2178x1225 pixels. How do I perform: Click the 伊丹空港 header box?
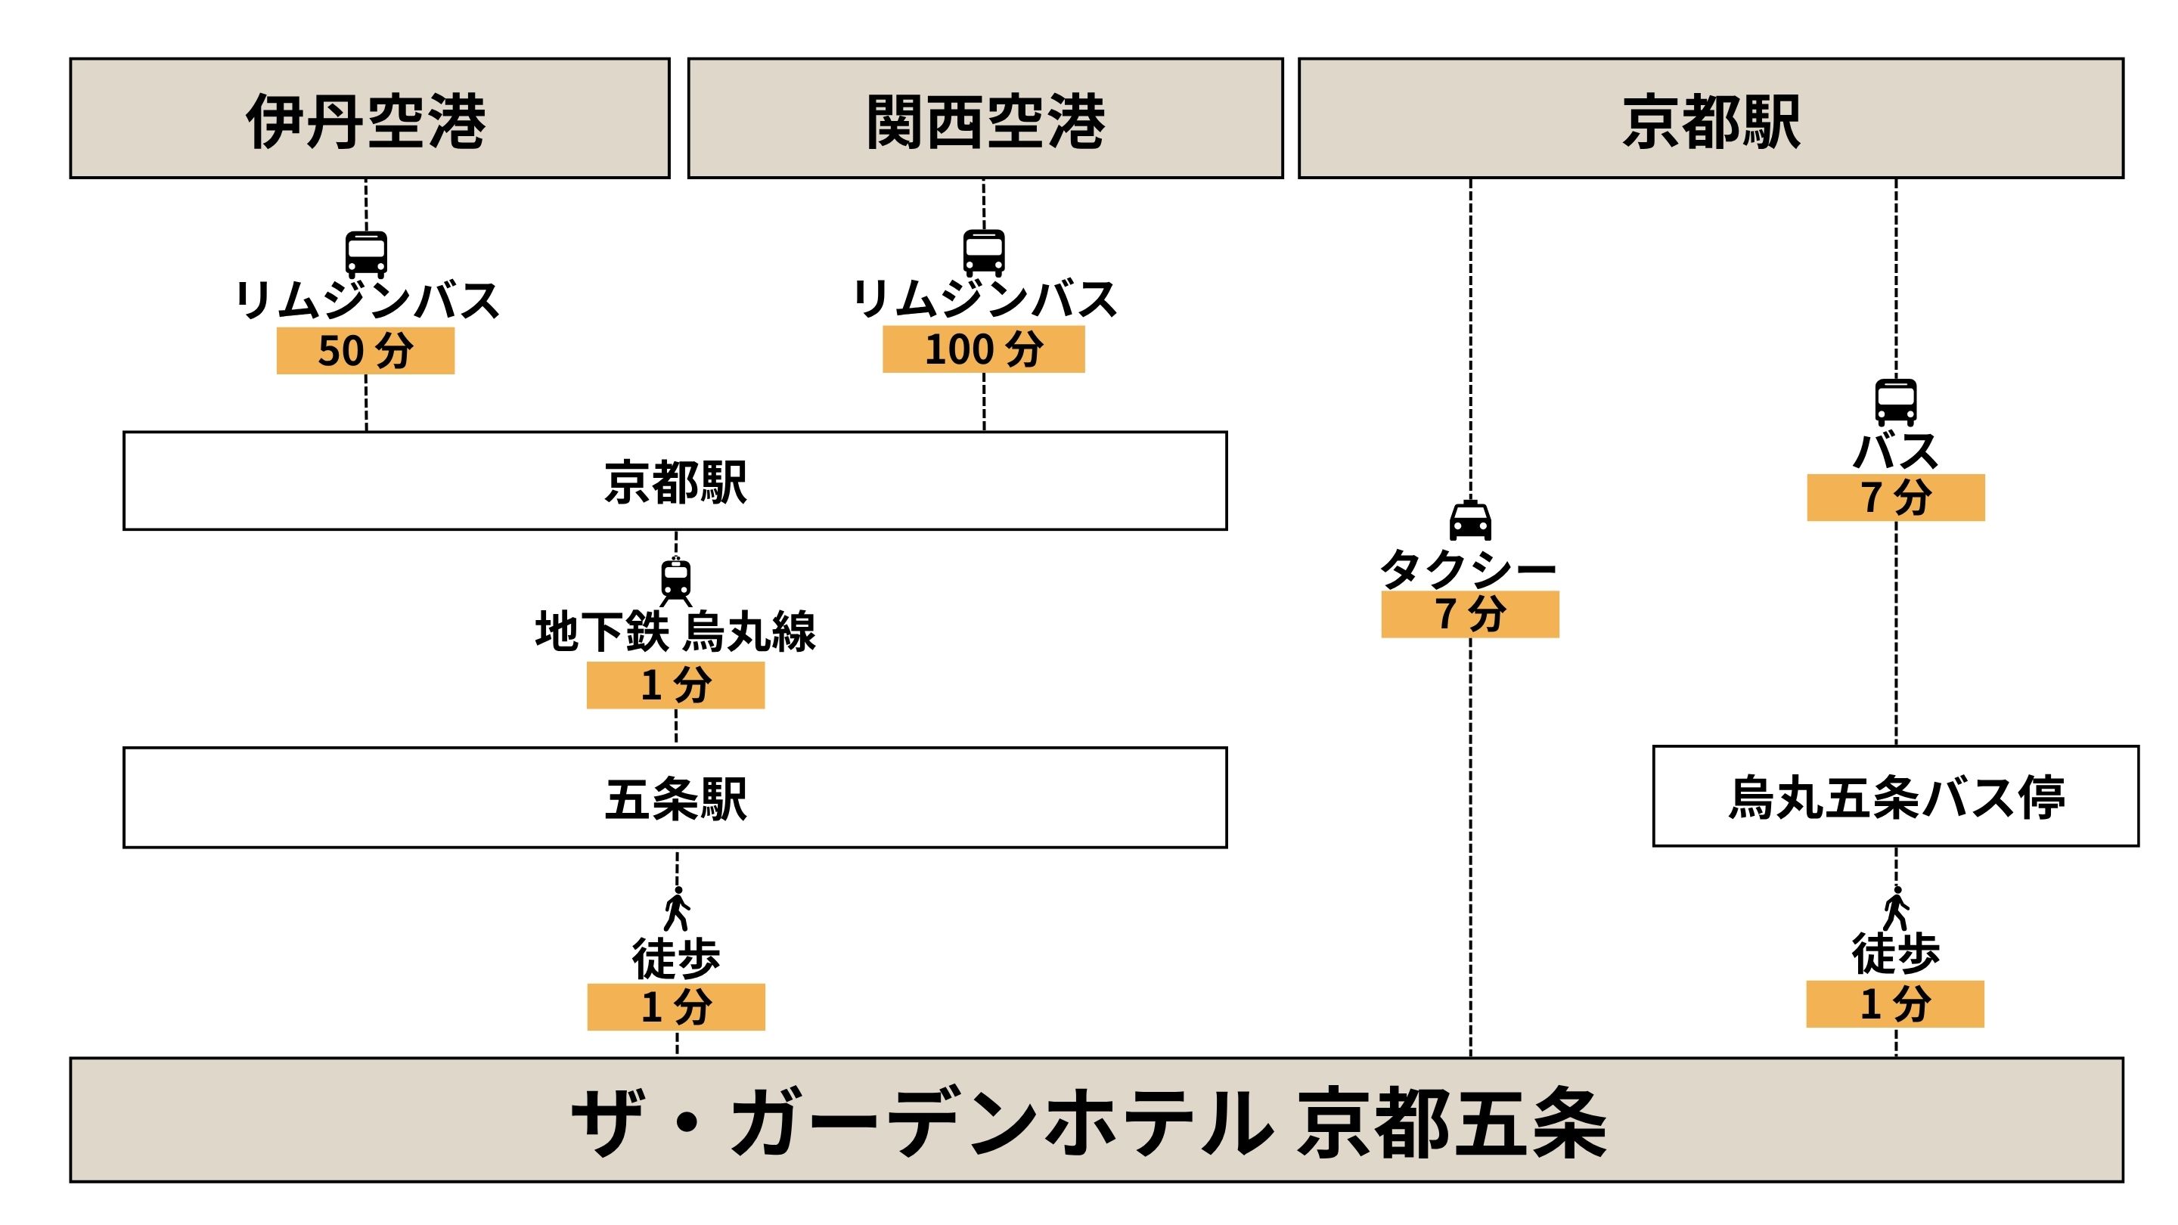coord(370,119)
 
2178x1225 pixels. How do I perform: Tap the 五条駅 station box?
coord(675,797)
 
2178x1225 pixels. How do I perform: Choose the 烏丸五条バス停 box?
coord(1896,795)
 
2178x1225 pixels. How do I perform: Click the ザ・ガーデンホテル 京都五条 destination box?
coord(1097,1119)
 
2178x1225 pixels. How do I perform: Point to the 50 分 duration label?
coord(365,351)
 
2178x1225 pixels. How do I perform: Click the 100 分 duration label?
coord(983,349)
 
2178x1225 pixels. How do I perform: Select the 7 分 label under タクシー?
coord(1469,614)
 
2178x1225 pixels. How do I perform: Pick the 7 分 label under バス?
coord(1896,497)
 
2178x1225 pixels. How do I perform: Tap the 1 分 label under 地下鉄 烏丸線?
coord(675,685)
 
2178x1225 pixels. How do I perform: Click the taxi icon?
coord(1470,520)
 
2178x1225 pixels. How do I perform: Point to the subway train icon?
coord(675,581)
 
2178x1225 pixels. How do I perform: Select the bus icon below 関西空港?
coord(984,253)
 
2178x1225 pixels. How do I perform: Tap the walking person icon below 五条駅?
coord(676,908)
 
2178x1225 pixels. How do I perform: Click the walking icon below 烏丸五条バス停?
coord(1896,908)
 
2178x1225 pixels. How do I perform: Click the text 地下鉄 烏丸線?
coord(675,631)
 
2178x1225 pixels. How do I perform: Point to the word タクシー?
coord(1468,568)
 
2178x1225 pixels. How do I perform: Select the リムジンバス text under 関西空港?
coord(984,299)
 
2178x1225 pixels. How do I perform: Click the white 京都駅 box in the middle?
coord(675,481)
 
